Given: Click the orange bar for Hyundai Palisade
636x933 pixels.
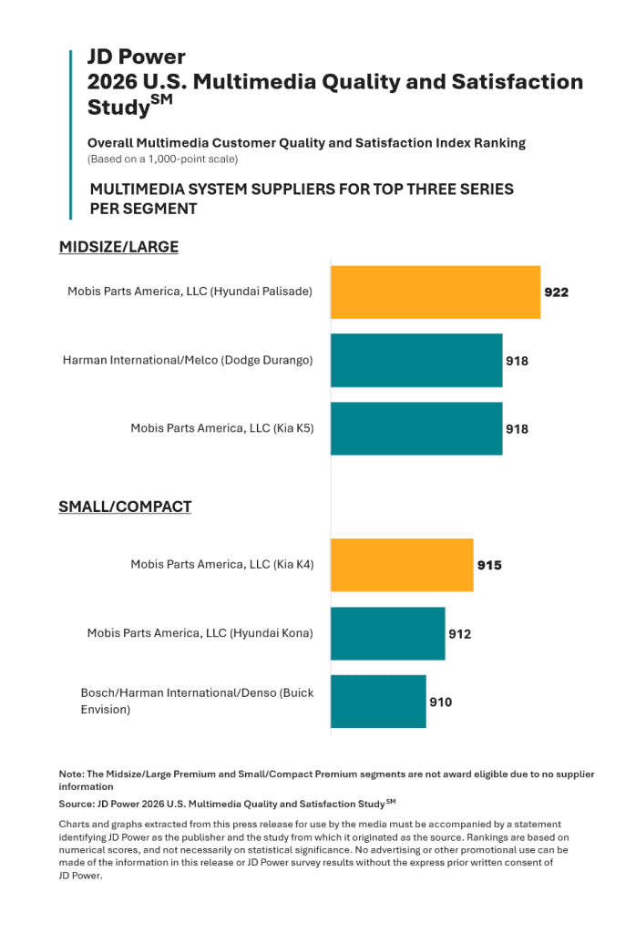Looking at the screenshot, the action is tap(436, 292).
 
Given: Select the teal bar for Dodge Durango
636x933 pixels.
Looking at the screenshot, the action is tap(416, 361).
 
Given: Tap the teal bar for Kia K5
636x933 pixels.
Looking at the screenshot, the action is tap(416, 429).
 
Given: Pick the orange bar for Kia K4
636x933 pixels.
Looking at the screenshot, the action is tap(402, 565).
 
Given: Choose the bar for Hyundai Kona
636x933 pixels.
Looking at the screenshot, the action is tap(388, 634).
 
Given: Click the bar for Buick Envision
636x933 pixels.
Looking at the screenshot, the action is tap(378, 702).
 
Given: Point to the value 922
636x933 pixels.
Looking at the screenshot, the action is tap(557, 292).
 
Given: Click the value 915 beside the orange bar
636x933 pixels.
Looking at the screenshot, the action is tap(489, 565).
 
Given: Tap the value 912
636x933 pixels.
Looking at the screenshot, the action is tap(460, 634).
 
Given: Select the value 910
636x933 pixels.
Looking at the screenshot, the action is tap(441, 702).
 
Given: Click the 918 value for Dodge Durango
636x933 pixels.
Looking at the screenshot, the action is tap(517, 361).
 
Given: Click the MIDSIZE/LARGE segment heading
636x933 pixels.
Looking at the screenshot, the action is tap(119, 247).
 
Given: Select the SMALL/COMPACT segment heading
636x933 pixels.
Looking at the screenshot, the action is tap(125, 507).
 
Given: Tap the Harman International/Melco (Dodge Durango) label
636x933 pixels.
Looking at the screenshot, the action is tap(188, 360).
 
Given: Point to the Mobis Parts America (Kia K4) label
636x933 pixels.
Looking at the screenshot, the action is tap(222, 564).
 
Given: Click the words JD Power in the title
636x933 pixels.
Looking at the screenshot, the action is tap(137, 56).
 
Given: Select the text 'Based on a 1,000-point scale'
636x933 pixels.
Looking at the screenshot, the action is tap(162, 159).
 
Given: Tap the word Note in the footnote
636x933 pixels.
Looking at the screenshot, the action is tap(71, 774).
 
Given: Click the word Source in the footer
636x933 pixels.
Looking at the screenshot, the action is tap(77, 804).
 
